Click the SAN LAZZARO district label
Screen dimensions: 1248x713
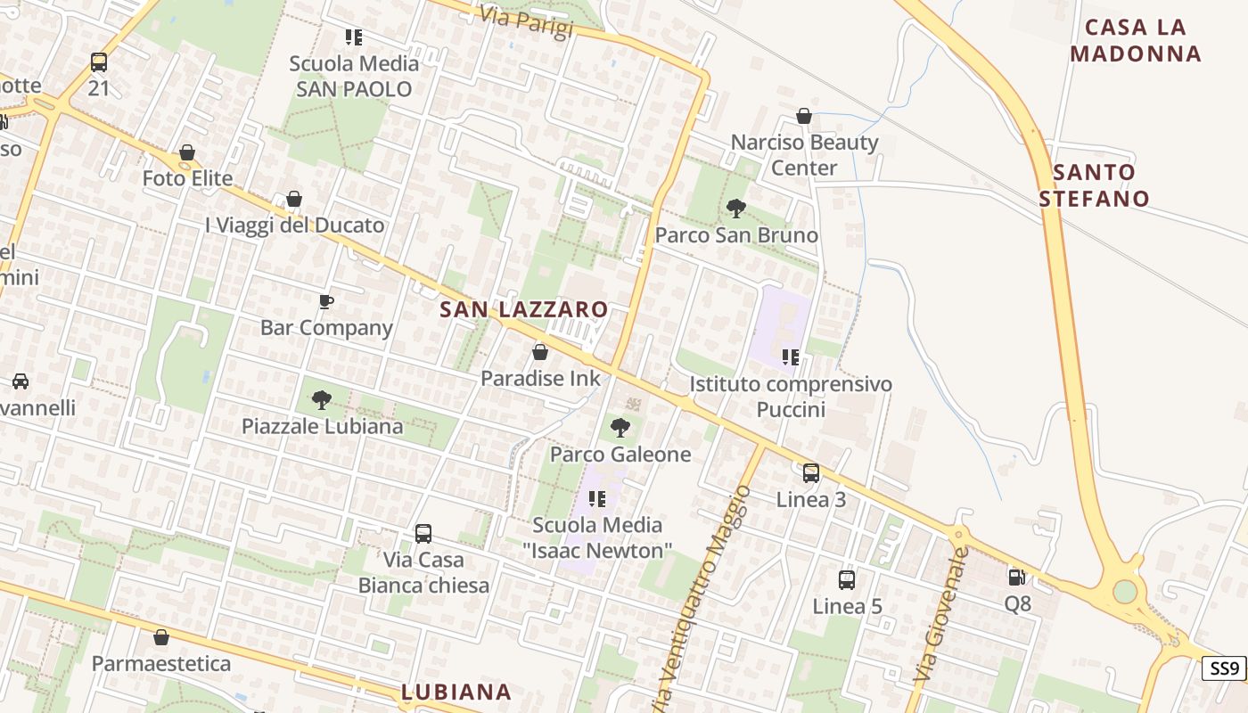(524, 310)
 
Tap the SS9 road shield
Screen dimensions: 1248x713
(1225, 668)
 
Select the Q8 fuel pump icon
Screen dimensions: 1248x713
(1017, 578)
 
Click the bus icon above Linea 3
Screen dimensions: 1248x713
(811, 473)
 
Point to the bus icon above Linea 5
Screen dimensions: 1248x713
(847, 580)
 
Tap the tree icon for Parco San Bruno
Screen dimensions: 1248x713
(736, 209)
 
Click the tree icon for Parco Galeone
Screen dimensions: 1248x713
(620, 428)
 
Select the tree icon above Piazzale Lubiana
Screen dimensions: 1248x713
(322, 400)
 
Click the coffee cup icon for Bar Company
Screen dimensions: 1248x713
(326, 301)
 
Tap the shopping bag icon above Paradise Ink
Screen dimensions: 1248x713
(540, 352)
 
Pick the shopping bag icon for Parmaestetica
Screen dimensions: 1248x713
(161, 637)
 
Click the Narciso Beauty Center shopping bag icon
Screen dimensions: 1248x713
(804, 116)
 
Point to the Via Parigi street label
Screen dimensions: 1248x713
(526, 22)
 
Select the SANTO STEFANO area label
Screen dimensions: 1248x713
(1094, 185)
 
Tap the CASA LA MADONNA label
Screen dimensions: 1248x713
(1136, 40)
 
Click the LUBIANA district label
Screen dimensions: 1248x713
(456, 692)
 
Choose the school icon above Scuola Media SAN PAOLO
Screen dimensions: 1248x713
(354, 37)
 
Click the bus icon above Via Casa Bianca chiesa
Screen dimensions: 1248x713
(423, 534)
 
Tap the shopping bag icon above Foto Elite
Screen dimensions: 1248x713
(187, 152)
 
